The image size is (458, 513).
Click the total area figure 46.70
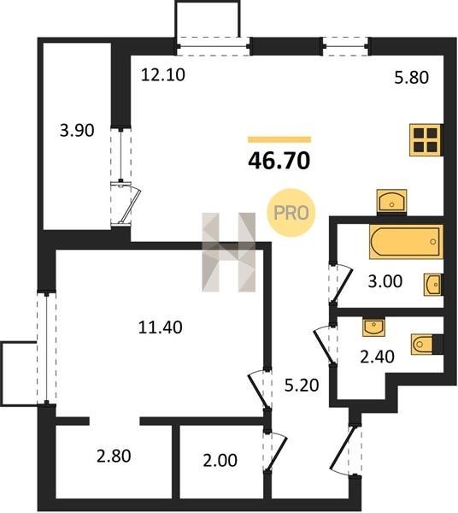[x=279, y=161]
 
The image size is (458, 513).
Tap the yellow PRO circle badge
[x=291, y=213]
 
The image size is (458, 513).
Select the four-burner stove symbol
[x=426, y=140]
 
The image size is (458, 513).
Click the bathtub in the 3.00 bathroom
[x=406, y=242]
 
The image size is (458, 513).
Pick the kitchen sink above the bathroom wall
[x=391, y=201]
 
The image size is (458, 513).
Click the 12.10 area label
[x=163, y=75]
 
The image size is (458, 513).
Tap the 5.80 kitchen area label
[x=411, y=78]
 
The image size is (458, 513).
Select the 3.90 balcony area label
[x=77, y=130]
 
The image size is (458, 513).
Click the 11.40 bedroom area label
[x=160, y=327]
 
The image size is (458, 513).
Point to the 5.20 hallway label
[x=302, y=385]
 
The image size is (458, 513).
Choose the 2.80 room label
[x=114, y=456]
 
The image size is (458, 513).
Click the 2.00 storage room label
[x=220, y=460]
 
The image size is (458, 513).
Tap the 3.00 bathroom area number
[x=385, y=281]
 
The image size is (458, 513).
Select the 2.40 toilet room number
[x=377, y=357]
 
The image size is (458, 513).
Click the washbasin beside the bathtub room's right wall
[x=433, y=285]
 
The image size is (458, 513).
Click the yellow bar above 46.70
[x=279, y=139]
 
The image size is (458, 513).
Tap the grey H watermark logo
[x=228, y=252]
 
